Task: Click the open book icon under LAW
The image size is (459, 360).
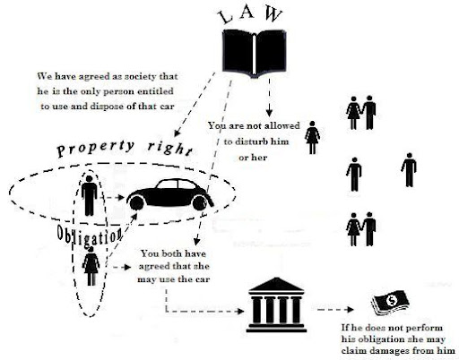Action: pyautogui.click(x=254, y=53)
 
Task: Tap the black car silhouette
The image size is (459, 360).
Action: pyautogui.click(x=170, y=194)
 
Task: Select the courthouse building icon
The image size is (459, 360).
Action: pyautogui.click(x=276, y=304)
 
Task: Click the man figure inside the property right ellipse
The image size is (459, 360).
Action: pyautogui.click(x=89, y=195)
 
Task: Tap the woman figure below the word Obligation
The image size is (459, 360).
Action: pyautogui.click(x=91, y=266)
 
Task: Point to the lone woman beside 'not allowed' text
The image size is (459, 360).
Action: pyautogui.click(x=312, y=137)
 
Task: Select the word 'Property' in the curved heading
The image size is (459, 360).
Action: pyautogui.click(x=96, y=149)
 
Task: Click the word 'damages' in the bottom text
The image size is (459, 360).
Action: pyautogui.click(x=391, y=351)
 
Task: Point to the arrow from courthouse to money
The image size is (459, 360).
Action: pyautogui.click(x=335, y=310)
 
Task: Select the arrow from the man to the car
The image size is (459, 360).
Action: pyautogui.click(x=114, y=197)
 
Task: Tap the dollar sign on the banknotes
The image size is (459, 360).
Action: pyautogui.click(x=391, y=300)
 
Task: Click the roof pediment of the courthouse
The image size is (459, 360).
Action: pyautogui.click(x=276, y=285)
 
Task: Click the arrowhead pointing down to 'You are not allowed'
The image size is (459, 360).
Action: pyautogui.click(x=269, y=113)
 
